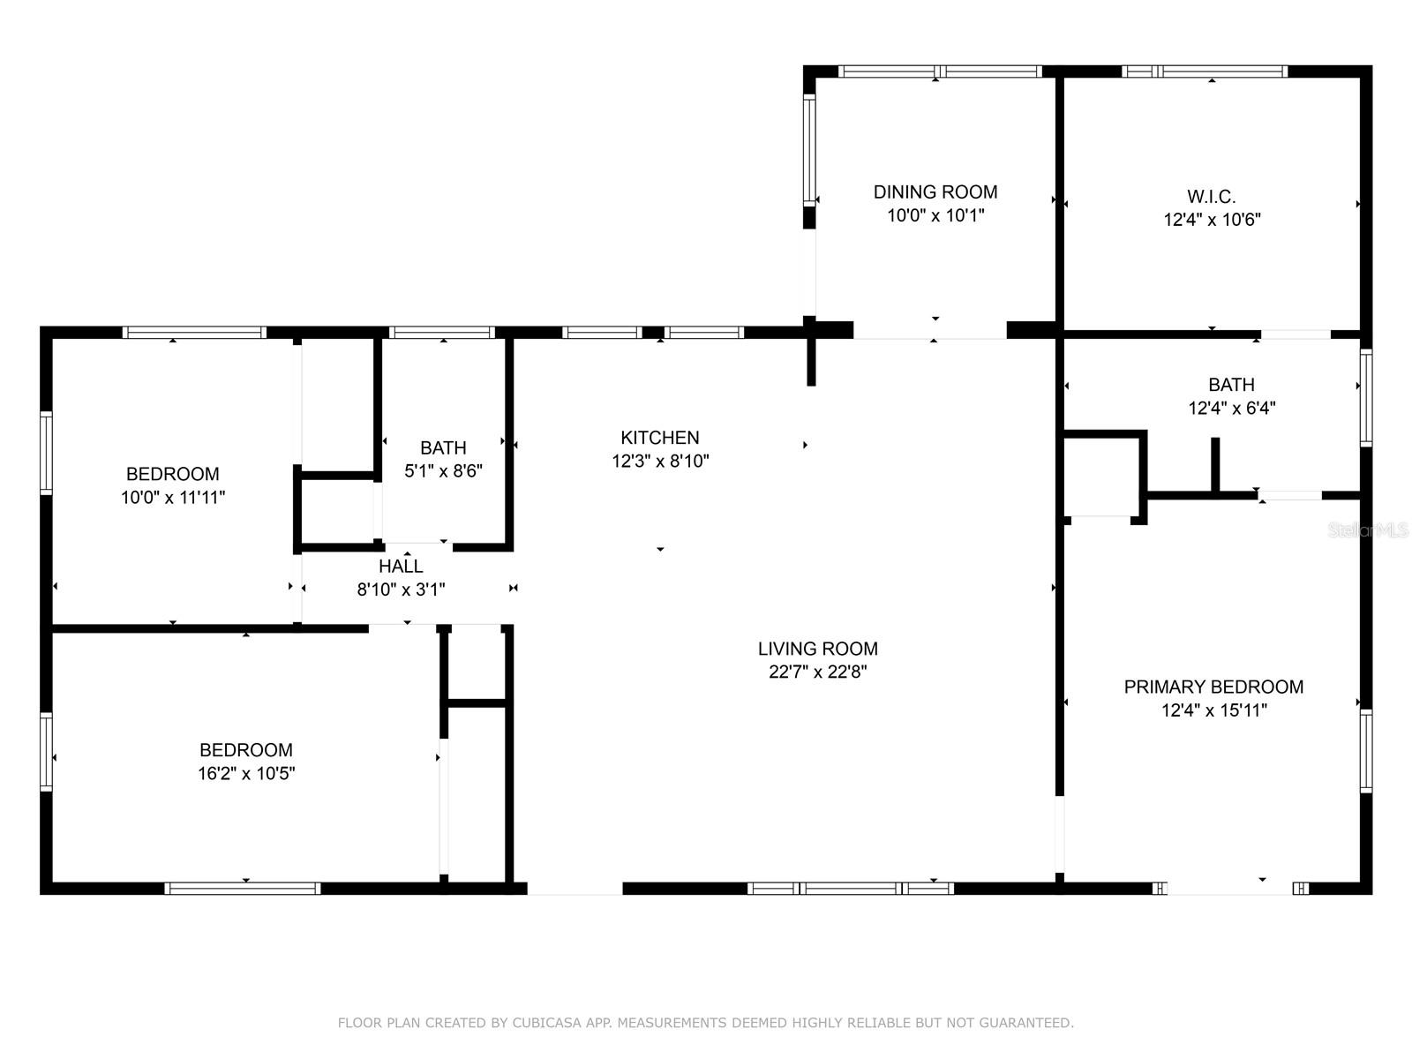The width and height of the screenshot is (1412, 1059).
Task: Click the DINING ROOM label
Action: pos(935,192)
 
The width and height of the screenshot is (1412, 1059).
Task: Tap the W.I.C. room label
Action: pos(1212,196)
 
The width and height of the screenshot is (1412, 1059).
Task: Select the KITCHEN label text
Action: pos(659,438)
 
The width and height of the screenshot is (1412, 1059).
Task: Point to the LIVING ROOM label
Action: pos(817,649)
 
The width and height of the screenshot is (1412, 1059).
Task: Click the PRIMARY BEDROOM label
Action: pos(1213,687)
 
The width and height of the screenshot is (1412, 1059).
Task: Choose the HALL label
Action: pos(400,567)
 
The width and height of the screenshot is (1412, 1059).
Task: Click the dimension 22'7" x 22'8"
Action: pos(817,672)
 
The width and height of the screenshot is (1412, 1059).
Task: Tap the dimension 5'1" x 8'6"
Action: pos(443,471)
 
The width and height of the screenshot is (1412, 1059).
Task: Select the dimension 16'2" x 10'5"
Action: pos(245,773)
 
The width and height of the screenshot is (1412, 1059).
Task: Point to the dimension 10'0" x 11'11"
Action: pos(172,498)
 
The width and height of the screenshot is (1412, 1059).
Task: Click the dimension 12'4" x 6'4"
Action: pos(1231,409)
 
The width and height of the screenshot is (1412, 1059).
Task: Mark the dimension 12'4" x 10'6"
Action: pos(1212,220)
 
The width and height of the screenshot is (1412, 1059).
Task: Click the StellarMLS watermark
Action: pos(1368,530)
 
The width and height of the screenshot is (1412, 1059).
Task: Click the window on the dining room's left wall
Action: pos(809,150)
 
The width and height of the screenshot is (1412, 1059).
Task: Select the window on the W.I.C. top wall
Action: pos(1205,71)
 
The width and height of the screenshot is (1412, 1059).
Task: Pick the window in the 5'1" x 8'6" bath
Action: pos(442,333)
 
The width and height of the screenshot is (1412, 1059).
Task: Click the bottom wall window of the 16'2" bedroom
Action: pos(242,889)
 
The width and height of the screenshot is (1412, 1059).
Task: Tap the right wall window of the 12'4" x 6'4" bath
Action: pos(1366,397)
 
